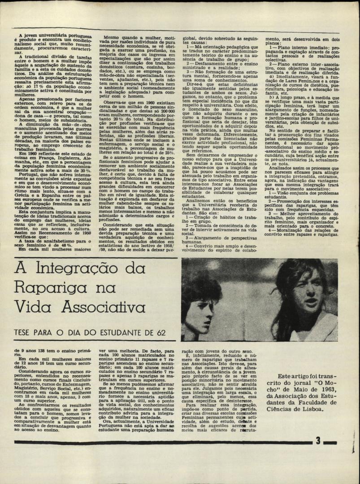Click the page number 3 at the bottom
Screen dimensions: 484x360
(318, 441)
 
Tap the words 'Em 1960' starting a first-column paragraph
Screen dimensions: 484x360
(29, 154)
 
